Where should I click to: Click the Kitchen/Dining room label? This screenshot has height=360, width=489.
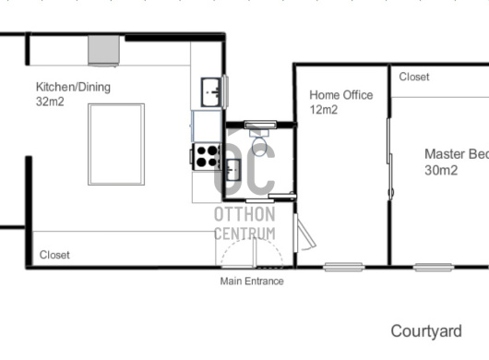pyautogui.click(x=73, y=87)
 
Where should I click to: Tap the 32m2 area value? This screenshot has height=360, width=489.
pyautogui.click(x=50, y=102)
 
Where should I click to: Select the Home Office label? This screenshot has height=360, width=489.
pyautogui.click(x=341, y=95)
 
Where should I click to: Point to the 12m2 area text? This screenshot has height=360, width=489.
pyautogui.click(x=324, y=110)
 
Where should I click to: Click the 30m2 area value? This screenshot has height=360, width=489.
pyautogui.click(x=441, y=171)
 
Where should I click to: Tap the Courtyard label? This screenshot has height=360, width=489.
pyautogui.click(x=426, y=331)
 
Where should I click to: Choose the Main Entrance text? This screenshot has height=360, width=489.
pyautogui.click(x=252, y=281)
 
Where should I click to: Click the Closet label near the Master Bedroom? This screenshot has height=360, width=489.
pyautogui.click(x=414, y=77)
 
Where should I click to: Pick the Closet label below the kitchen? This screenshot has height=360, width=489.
pyautogui.click(x=54, y=255)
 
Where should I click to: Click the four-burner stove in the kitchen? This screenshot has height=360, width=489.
pyautogui.click(x=207, y=156)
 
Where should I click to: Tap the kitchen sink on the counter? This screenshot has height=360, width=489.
pyautogui.click(x=211, y=92)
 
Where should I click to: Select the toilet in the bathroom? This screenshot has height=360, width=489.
pyautogui.click(x=259, y=143)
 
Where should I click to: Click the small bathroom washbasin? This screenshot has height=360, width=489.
pyautogui.click(x=233, y=170)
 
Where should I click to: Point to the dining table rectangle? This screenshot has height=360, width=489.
pyautogui.click(x=116, y=144)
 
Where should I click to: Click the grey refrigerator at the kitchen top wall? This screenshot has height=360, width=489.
pyautogui.click(x=103, y=51)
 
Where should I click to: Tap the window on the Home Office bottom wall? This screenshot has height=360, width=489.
pyautogui.click(x=343, y=267)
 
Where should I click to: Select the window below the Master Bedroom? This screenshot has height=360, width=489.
pyautogui.click(x=434, y=268)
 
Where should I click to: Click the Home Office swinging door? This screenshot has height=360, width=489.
pyautogui.click(x=304, y=233)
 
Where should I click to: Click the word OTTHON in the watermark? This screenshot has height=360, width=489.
pyautogui.click(x=244, y=214)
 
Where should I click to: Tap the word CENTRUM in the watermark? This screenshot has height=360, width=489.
pyautogui.click(x=244, y=234)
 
